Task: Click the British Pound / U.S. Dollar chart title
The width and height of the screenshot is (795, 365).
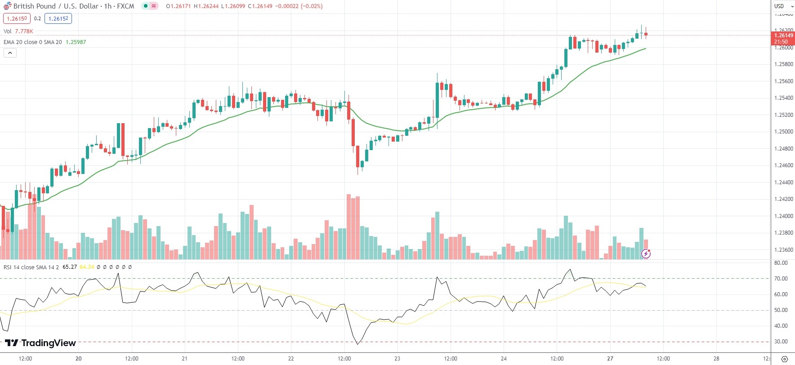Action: [73, 6]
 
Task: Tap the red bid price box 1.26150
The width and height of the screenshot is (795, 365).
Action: [17, 18]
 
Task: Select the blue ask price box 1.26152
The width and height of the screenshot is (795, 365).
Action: [58, 18]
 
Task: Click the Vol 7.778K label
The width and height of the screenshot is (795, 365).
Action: [18, 31]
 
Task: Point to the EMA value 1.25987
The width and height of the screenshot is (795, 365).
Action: [76, 42]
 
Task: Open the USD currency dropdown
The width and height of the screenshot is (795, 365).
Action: [783, 6]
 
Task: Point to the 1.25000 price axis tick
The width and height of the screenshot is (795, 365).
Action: [783, 132]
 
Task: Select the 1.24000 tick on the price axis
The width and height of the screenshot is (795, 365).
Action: [783, 216]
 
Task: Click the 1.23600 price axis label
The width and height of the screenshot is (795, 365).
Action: [783, 250]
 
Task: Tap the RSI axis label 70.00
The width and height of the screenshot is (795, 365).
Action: [781, 279]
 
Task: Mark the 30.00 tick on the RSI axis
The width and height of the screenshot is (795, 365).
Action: [781, 342]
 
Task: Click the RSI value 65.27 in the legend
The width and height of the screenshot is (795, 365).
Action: [70, 267]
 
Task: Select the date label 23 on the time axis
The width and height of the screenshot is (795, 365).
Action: [397, 359]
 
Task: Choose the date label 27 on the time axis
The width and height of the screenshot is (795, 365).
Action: [610, 359]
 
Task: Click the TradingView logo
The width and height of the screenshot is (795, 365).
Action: [40, 343]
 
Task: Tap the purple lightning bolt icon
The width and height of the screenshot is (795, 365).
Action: [646, 254]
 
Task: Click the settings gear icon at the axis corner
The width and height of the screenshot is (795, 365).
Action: [785, 359]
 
